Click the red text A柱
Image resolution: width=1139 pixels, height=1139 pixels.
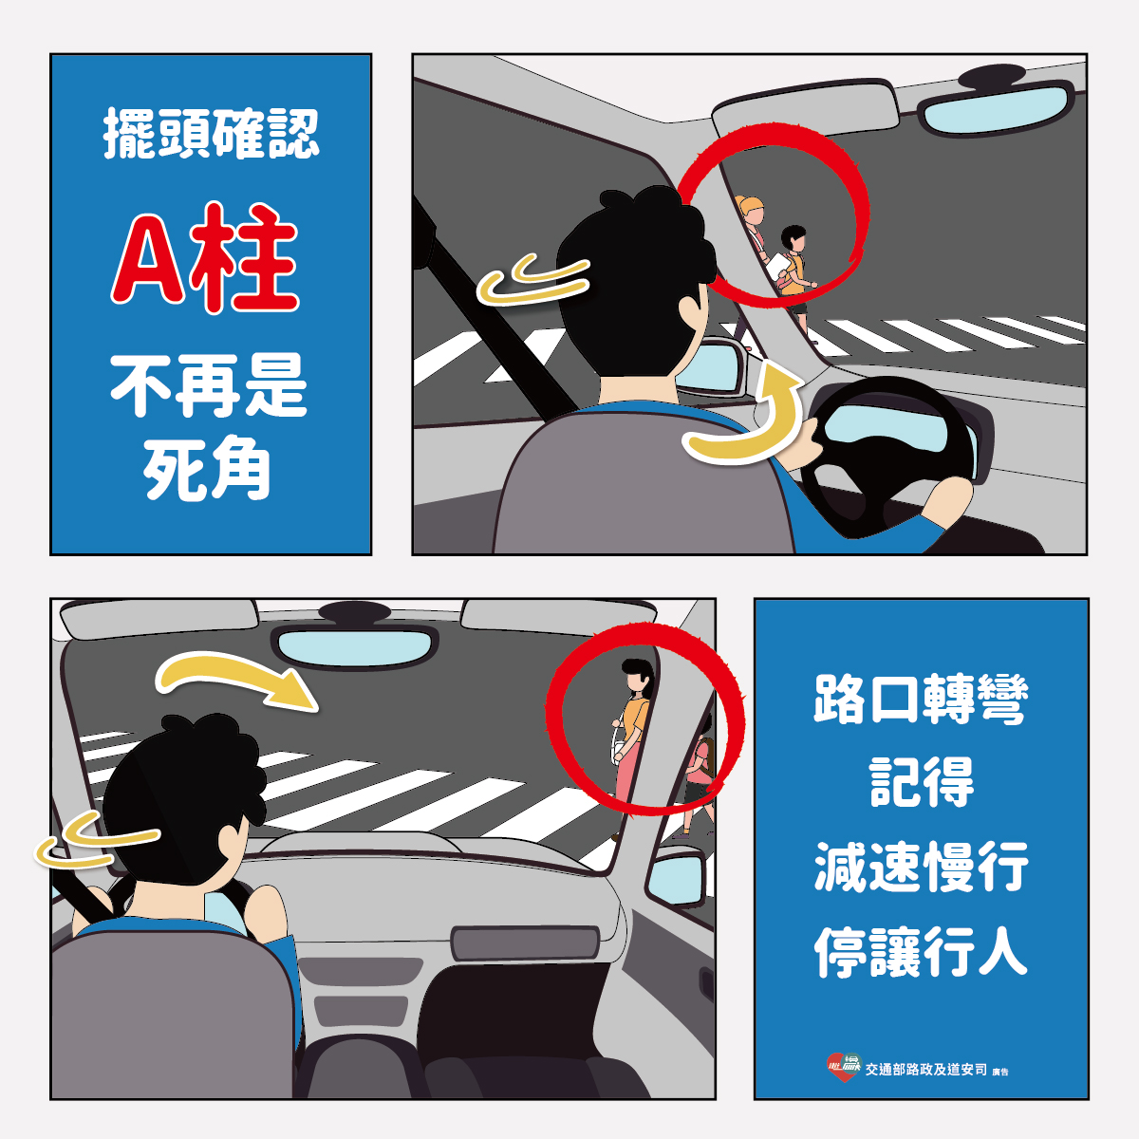click(204, 258)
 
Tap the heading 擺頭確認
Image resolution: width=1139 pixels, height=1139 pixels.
click(211, 134)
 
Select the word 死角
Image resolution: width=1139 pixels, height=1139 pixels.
click(206, 469)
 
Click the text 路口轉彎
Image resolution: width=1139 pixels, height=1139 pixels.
click(921, 700)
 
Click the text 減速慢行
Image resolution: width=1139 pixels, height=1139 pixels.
click(921, 868)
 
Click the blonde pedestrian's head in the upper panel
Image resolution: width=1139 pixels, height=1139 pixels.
click(750, 210)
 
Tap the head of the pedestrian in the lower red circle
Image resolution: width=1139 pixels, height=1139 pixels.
click(637, 675)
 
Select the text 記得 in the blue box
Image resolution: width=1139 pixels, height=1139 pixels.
click(921, 783)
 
